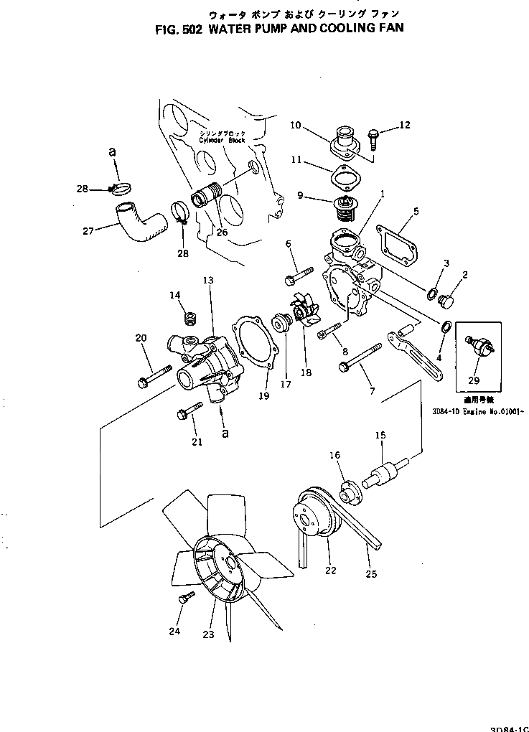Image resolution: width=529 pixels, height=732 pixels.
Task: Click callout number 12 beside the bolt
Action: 405,125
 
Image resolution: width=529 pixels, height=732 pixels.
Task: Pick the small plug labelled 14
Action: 191,317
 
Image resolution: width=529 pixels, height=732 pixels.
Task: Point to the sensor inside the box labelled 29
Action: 477,345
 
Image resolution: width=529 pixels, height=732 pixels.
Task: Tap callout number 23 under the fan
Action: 209,634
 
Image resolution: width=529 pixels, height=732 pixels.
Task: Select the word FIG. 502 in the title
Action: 178,29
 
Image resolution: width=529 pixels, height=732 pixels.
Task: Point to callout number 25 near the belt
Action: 370,573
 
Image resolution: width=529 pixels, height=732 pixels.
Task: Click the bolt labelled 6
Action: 301,274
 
